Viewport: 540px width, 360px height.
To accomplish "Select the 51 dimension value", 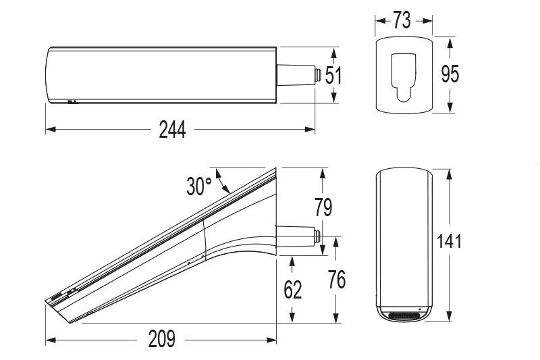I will click(333, 75).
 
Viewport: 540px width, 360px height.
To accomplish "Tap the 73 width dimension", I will click(402, 20).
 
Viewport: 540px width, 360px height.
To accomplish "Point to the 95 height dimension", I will click(450, 74).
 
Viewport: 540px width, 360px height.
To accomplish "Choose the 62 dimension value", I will click(292, 290).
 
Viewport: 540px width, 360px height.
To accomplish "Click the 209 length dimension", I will click(161, 338).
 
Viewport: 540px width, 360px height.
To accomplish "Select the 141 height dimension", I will click(448, 240).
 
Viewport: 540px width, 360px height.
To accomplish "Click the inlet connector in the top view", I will click(298, 74).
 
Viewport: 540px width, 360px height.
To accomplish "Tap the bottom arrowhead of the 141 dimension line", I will click(448, 318).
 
